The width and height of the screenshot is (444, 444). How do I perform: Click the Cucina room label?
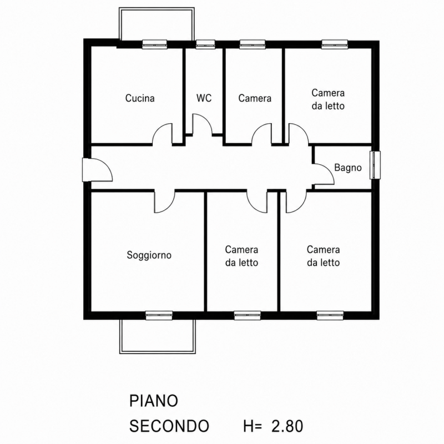coord(140,98)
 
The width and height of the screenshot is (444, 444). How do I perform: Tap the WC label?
coord(204,98)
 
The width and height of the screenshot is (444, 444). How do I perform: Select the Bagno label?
coord(348,168)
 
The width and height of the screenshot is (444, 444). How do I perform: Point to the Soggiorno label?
coord(149,255)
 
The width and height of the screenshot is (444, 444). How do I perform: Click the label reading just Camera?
coord(255,98)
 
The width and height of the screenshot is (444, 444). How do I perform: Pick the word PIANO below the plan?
coord(154,401)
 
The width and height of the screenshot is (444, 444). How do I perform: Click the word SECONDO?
coord(169,426)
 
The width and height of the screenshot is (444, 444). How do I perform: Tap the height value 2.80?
coord(287,426)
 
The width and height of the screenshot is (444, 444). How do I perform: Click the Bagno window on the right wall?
coord(375,165)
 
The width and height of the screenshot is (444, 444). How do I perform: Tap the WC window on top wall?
coord(205,44)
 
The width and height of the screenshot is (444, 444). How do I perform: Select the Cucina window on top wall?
coord(154,44)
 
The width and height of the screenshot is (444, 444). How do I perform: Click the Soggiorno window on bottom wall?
coord(159,315)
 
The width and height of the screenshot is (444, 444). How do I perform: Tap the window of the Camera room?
coord(253,44)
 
